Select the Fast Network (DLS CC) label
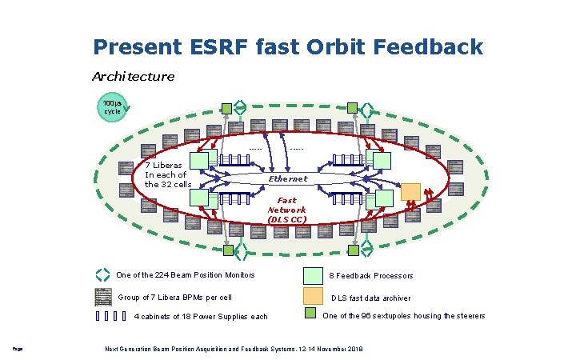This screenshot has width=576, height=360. tap(286, 210)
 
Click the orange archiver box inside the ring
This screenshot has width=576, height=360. tap(410, 191)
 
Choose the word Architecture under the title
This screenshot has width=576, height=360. tap(133, 77)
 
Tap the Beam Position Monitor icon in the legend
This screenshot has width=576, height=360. tap(102, 275)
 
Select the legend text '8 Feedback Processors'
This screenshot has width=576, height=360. tap(371, 276)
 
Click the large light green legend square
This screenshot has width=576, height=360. tap(314, 275)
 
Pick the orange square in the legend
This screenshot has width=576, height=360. tap(314, 296)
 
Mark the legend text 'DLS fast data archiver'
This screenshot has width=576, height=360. tap(371, 298)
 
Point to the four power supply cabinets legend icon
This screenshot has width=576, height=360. tap(110, 315)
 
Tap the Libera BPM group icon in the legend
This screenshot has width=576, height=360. tap(103, 297)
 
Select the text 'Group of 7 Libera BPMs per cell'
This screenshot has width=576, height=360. tap(174, 298)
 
